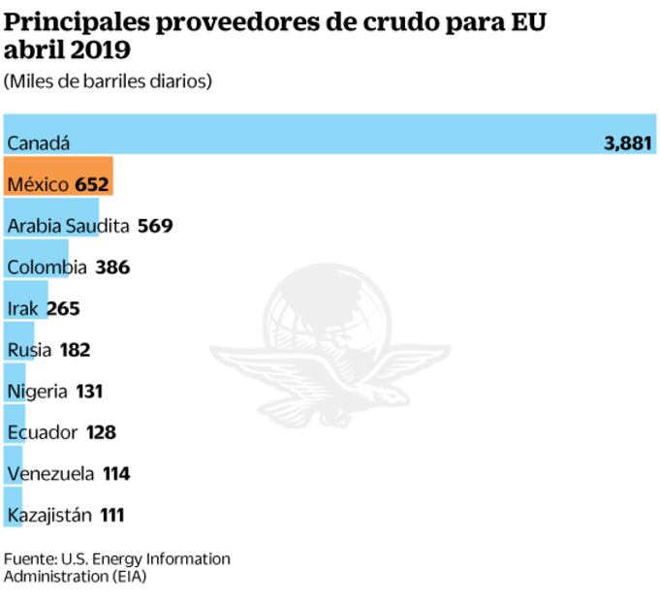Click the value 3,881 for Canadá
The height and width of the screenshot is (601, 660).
628,143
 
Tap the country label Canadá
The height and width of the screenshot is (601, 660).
39,143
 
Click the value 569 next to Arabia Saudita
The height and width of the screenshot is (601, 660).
155,226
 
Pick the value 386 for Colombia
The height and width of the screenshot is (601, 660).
112,267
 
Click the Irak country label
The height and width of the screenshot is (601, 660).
23,308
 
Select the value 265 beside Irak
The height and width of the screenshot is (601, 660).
62,308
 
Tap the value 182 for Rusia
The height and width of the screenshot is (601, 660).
75,350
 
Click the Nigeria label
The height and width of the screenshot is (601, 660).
37,392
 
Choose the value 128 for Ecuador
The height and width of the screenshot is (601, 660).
101,432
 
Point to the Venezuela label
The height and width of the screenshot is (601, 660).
50,474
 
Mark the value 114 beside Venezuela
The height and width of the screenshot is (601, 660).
115,474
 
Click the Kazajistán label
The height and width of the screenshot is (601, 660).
49,516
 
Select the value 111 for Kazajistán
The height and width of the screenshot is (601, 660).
111,516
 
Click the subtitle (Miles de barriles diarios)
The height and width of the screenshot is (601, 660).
108,82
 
